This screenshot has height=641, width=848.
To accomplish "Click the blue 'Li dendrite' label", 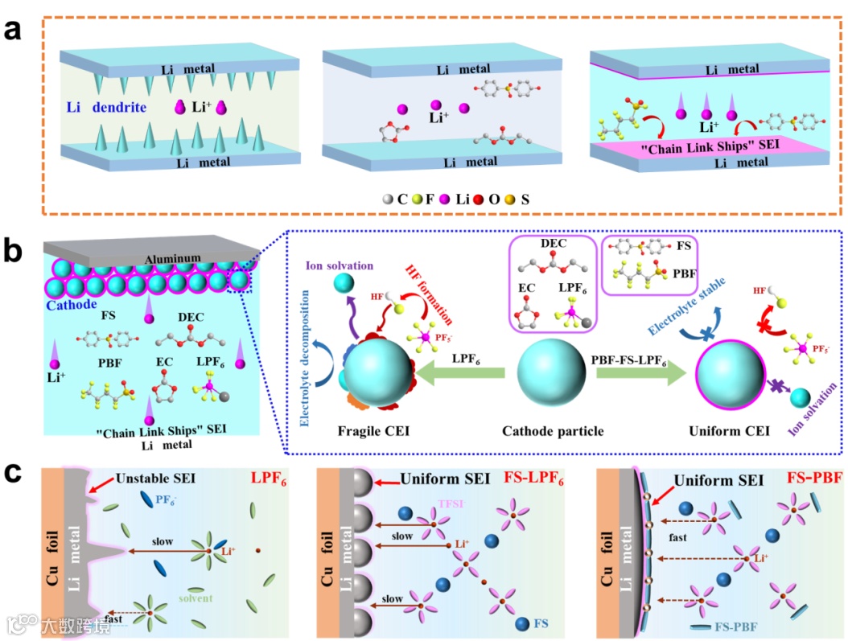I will [109, 106].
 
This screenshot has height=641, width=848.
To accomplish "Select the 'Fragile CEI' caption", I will [376, 432].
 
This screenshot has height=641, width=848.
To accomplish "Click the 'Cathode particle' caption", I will [552, 432].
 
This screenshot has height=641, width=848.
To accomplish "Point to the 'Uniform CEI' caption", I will [727, 432].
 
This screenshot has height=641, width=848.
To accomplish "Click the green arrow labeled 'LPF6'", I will [462, 372].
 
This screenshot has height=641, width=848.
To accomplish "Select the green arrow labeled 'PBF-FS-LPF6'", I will [636, 372].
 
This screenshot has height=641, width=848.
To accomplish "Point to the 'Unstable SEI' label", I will [154, 479].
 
